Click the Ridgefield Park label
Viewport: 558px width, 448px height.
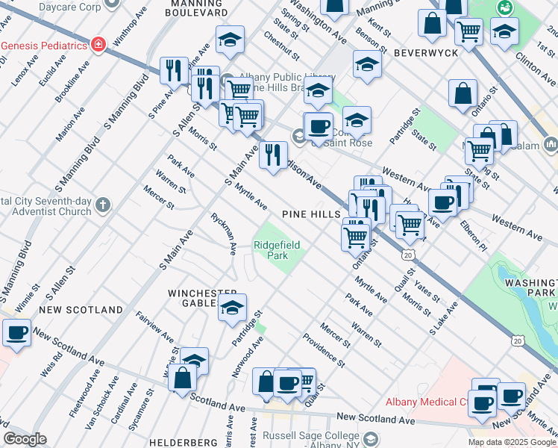click(x=271, y=249)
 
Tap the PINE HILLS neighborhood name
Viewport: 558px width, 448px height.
click(x=311, y=214)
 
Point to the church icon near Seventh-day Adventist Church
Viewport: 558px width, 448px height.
click(x=103, y=203)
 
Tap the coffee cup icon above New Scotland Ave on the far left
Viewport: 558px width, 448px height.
click(x=16, y=332)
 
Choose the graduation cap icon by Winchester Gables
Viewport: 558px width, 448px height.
click(x=232, y=307)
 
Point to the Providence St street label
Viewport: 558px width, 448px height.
click(x=324, y=350)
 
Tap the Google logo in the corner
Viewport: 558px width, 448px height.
click(x=25, y=439)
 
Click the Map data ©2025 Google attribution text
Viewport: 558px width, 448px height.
click(x=512, y=442)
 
